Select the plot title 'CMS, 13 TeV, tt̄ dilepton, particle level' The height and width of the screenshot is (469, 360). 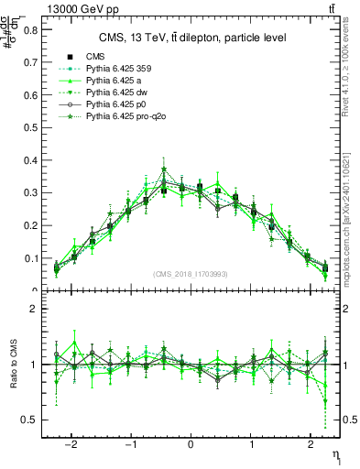(x=192, y=38)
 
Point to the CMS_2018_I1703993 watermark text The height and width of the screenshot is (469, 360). (x=191, y=274)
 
